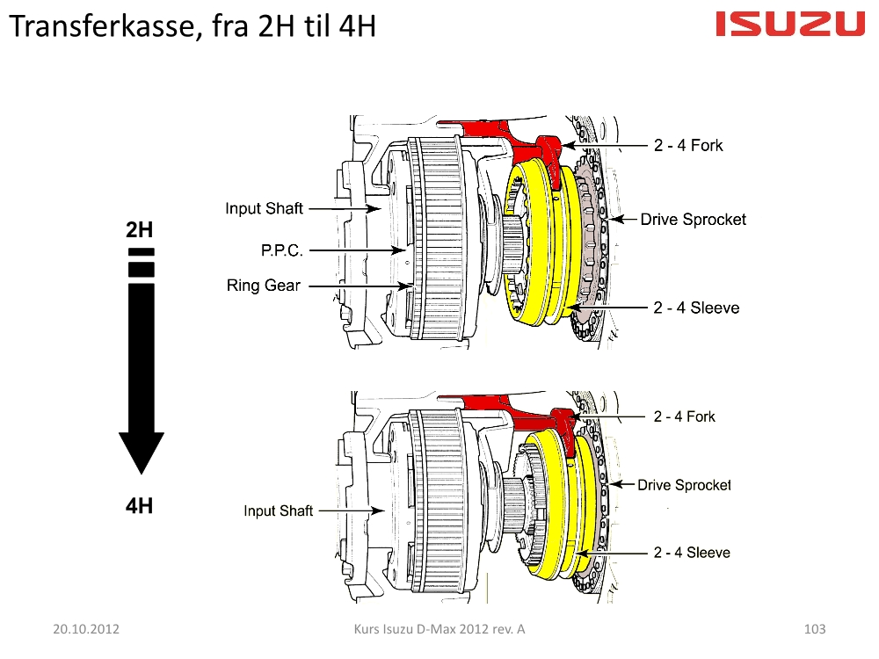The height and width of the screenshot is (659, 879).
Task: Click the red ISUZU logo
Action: pyautogui.click(x=790, y=24)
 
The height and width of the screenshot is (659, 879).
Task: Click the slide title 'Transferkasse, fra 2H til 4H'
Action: pyautogui.click(x=193, y=27)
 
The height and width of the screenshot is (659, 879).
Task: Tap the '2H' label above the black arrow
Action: pyautogui.click(x=140, y=231)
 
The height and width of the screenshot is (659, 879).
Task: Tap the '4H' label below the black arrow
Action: pyautogui.click(x=140, y=506)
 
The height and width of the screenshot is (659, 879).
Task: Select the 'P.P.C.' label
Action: pyautogui.click(x=282, y=250)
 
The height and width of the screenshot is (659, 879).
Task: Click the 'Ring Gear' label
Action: pyautogui.click(x=264, y=286)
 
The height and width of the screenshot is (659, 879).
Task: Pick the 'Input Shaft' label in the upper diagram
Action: pyautogui.click(x=264, y=208)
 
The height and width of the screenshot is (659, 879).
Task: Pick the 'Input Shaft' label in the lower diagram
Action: pyautogui.click(x=278, y=511)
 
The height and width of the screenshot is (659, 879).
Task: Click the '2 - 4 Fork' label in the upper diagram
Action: pyautogui.click(x=688, y=145)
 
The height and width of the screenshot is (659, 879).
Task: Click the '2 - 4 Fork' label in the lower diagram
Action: pyautogui.click(x=685, y=416)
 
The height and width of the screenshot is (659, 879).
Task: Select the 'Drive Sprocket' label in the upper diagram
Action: pyautogui.click(x=693, y=219)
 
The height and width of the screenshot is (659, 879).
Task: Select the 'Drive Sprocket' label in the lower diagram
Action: pyautogui.click(x=684, y=484)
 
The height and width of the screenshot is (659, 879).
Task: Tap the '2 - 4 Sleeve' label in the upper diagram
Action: pyautogui.click(x=695, y=308)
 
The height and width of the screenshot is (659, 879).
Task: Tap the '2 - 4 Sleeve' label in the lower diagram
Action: pyautogui.click(x=692, y=553)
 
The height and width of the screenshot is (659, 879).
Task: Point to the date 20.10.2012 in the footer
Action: pyautogui.click(x=86, y=629)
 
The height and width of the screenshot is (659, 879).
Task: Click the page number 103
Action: pyautogui.click(x=815, y=629)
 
